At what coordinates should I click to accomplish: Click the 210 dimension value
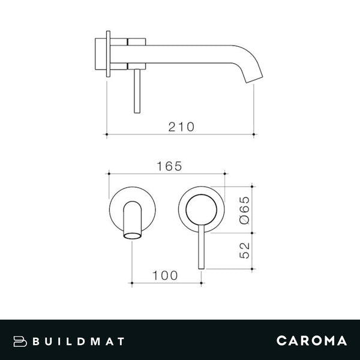click(x=181, y=127)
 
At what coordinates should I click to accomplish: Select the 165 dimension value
click(x=169, y=166)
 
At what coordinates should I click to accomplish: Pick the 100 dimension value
click(x=166, y=275)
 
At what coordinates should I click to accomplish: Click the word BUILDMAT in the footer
click(x=79, y=341)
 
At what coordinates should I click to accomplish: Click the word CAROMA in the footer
click(x=311, y=341)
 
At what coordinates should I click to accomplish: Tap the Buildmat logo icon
click(x=22, y=341)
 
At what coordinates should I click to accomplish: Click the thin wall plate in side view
click(x=107, y=53)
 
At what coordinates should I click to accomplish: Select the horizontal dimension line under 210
click(x=180, y=134)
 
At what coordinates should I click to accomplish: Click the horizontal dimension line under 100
click(x=166, y=283)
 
